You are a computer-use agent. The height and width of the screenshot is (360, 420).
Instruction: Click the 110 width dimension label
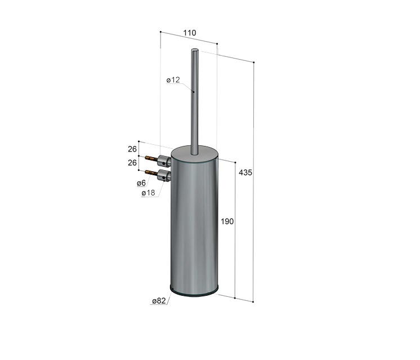click(190, 33)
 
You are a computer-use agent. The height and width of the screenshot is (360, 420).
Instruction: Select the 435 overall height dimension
click(245, 172)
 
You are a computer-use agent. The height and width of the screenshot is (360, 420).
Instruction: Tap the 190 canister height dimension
click(227, 221)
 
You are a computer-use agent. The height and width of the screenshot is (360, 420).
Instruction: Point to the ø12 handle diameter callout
click(173, 80)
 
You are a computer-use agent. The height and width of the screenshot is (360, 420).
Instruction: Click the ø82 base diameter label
click(159, 301)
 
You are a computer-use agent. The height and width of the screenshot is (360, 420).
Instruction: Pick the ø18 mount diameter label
click(149, 193)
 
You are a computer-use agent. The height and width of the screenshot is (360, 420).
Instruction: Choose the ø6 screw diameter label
click(141, 183)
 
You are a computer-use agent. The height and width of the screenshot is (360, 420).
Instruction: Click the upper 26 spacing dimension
click(132, 149)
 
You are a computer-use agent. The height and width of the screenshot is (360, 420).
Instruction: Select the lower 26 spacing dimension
click(132, 163)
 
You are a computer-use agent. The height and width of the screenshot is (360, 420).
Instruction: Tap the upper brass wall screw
click(151, 158)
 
